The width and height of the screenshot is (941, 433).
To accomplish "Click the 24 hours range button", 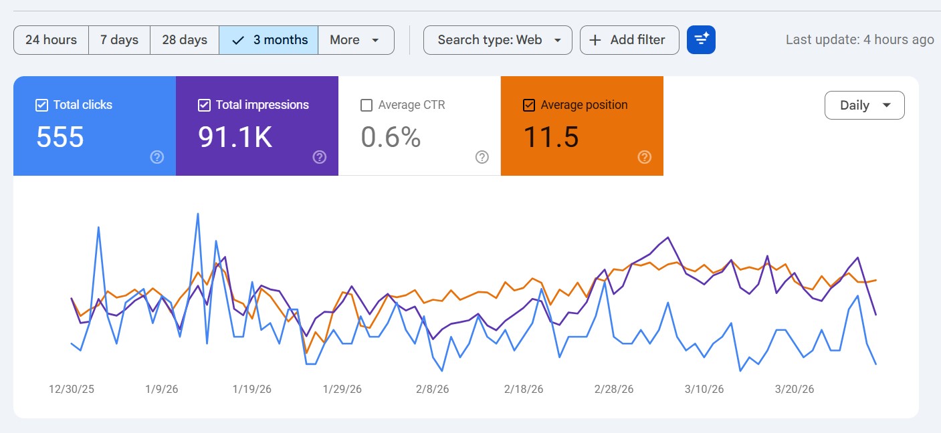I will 51,40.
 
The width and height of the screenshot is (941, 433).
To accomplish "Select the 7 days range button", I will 119,40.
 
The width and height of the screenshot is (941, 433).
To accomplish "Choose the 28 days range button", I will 185,40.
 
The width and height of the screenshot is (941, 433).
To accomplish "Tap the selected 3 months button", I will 269,40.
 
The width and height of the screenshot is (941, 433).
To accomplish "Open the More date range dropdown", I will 355,40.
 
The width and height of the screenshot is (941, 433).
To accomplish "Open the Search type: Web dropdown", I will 498,40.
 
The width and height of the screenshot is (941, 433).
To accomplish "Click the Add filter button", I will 629,40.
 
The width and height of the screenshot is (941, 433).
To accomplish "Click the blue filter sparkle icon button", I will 701,40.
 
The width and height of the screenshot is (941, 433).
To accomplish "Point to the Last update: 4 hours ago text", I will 859,40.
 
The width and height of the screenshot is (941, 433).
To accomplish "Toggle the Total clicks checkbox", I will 41,105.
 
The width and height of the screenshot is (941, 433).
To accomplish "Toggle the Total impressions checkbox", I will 205,105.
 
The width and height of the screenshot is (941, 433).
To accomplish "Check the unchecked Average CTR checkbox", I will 367,105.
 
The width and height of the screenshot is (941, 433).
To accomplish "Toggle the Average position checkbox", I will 529,105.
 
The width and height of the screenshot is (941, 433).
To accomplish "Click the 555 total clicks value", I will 60,137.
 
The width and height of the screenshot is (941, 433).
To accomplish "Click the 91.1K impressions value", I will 235,137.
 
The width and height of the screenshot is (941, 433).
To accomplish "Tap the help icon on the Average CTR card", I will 482,157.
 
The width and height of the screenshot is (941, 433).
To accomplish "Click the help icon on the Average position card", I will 644,157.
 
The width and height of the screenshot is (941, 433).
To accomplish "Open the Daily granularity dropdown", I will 864,106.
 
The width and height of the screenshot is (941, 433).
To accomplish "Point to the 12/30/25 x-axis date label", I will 72,389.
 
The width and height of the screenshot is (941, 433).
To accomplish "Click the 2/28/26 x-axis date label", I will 614,389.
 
